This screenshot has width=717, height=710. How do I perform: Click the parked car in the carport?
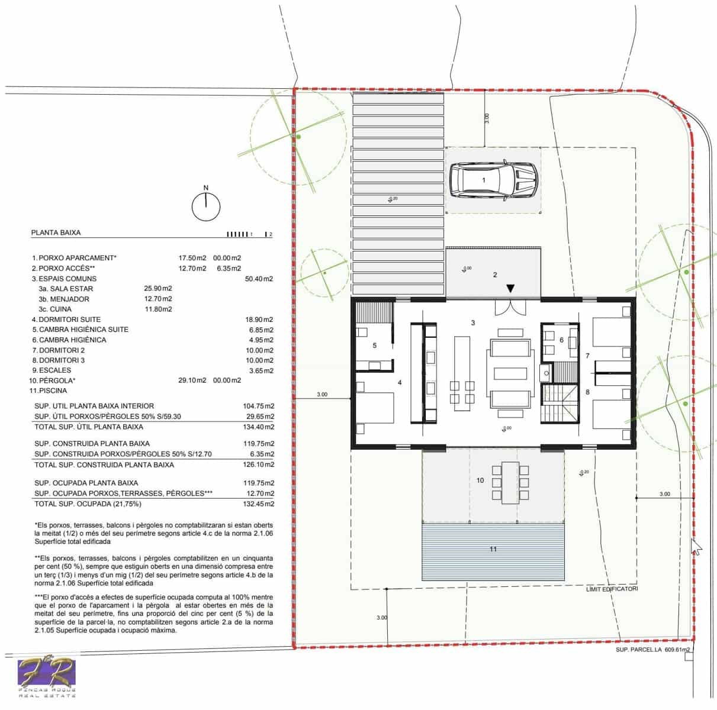tap(493, 179)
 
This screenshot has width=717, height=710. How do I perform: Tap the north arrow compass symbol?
tap(206, 205)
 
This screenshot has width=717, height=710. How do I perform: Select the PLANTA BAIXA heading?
tap(56, 233)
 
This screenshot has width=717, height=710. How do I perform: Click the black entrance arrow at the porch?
tap(510, 288)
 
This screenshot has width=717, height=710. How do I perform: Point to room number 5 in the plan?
tap(375, 346)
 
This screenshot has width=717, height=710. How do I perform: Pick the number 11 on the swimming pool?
tap(493, 549)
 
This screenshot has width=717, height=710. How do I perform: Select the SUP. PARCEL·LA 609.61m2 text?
tap(653, 650)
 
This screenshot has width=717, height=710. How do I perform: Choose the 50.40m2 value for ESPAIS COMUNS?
tap(259, 279)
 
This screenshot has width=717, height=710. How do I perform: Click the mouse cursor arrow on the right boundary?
tap(697, 547)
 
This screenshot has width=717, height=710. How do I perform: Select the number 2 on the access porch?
tap(495, 275)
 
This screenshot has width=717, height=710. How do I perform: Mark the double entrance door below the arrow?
tap(510, 308)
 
